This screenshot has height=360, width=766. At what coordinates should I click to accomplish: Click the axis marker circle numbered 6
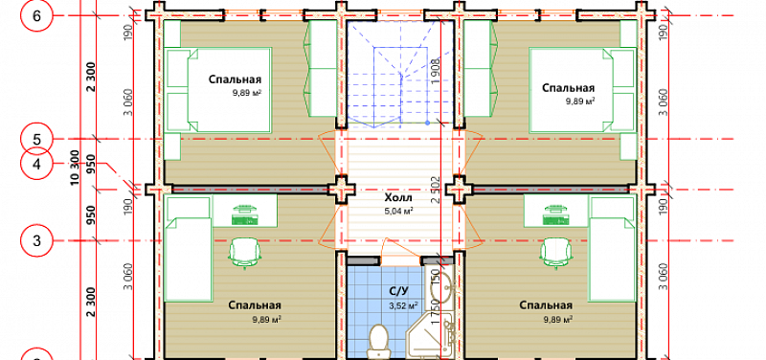point(36,15)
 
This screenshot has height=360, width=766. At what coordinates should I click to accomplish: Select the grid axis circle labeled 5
point(36,139)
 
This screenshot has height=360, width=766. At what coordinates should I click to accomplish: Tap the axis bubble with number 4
point(36,165)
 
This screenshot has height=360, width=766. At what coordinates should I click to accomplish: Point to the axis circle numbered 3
point(36,241)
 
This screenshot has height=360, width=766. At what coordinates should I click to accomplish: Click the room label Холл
point(398,198)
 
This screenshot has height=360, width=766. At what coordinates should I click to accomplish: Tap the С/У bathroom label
point(398,292)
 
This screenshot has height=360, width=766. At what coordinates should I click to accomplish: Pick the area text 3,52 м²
point(403,306)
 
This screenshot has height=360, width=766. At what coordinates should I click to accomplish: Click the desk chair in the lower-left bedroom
point(245,252)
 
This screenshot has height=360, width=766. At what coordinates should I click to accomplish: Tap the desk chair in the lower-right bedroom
point(556,252)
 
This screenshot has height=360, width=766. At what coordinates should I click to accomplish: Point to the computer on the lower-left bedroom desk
point(244,215)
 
